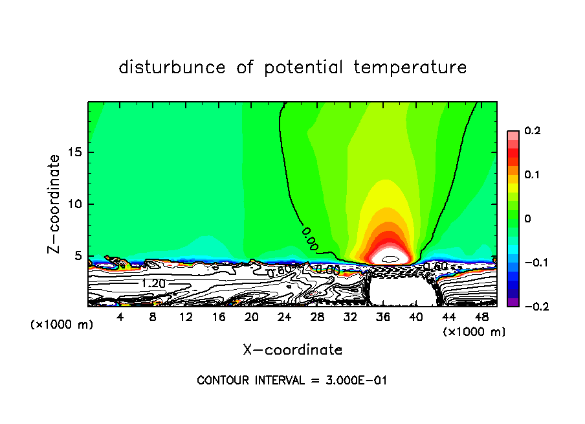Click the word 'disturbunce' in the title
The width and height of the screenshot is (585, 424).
pos(172,67)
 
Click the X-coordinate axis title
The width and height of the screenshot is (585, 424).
pos(292,350)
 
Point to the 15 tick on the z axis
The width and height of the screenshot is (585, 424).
pos(78,152)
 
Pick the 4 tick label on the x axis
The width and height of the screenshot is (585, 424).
pos(120,317)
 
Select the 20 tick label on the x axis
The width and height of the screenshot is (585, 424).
pos(251,317)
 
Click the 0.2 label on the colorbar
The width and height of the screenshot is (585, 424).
pos(532,131)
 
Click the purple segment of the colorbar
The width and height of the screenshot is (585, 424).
pos(513,302)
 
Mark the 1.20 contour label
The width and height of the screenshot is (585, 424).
pos(153,283)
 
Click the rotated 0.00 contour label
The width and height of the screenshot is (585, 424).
pos(310,238)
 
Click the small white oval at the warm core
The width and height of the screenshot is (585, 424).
pos(392,258)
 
